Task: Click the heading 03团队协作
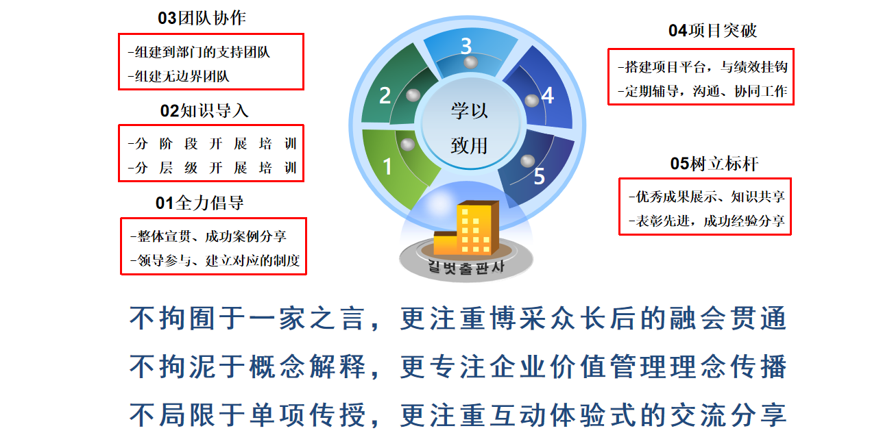point(202,18)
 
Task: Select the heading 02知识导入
point(204,110)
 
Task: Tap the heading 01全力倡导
point(200,203)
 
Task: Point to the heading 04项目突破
point(713,30)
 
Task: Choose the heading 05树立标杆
point(714,164)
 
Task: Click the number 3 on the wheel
point(466,46)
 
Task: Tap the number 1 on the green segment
point(387,166)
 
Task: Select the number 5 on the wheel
point(539,176)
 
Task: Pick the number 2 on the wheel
point(385,95)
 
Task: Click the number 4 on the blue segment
point(548,96)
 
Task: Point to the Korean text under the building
point(466,266)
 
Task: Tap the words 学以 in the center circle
point(470,110)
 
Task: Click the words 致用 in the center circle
point(470,145)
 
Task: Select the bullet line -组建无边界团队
point(178,76)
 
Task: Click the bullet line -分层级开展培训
point(213,168)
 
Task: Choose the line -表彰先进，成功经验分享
point(707,221)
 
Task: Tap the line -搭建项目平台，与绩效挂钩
point(703,67)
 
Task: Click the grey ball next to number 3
point(471,62)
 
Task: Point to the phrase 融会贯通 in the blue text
point(728,318)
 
